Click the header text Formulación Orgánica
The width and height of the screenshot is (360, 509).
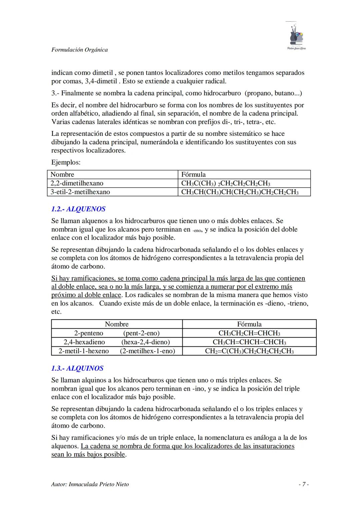(79, 50)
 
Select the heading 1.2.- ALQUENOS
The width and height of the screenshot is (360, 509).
(78, 209)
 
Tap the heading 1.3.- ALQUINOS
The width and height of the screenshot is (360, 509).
(77, 368)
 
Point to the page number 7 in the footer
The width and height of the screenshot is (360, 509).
(303, 484)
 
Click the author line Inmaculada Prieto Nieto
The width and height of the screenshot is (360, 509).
(90, 484)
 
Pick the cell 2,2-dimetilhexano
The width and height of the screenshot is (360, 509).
(77, 183)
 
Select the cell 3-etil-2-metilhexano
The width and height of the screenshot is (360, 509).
(80, 192)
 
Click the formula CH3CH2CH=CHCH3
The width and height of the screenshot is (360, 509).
(249, 333)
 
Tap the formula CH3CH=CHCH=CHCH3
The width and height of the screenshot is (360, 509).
(249, 342)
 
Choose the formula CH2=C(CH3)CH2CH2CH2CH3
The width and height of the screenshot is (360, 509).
(249, 351)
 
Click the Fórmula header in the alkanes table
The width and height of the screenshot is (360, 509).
(193, 175)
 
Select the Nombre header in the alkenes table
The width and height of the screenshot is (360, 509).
(117, 324)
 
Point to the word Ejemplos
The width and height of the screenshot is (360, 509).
(66, 163)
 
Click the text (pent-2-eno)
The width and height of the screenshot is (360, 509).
(141, 333)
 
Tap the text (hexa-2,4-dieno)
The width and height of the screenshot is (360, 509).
(146, 342)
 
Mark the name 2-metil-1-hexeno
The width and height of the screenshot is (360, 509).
(84, 351)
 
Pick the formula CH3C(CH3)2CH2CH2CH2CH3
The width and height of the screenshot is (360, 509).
(225, 183)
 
